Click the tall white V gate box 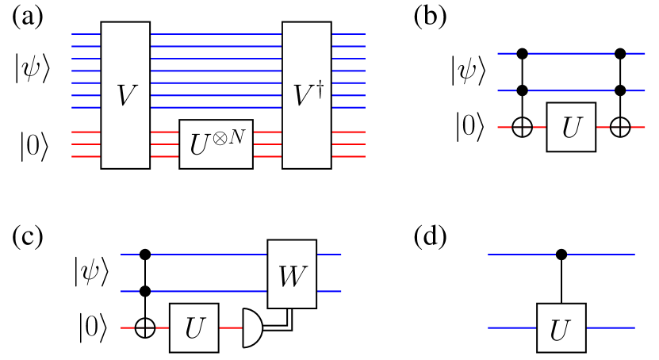point(125,95)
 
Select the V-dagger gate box point(306,95)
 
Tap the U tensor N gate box point(216,144)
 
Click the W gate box point(292,274)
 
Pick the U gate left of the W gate point(193,327)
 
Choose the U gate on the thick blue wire point(561,327)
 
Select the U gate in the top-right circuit point(571,127)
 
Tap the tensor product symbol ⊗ point(221,137)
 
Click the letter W point(291,277)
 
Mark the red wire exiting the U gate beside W point(230,327)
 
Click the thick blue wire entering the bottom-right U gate point(512,327)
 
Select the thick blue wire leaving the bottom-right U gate point(611,327)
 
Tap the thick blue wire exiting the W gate point(329,292)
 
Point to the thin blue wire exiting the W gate point(329,255)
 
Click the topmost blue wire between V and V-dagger point(216,34)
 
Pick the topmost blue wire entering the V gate point(86,34)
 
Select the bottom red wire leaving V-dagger point(348,157)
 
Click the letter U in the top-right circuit point(571,128)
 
